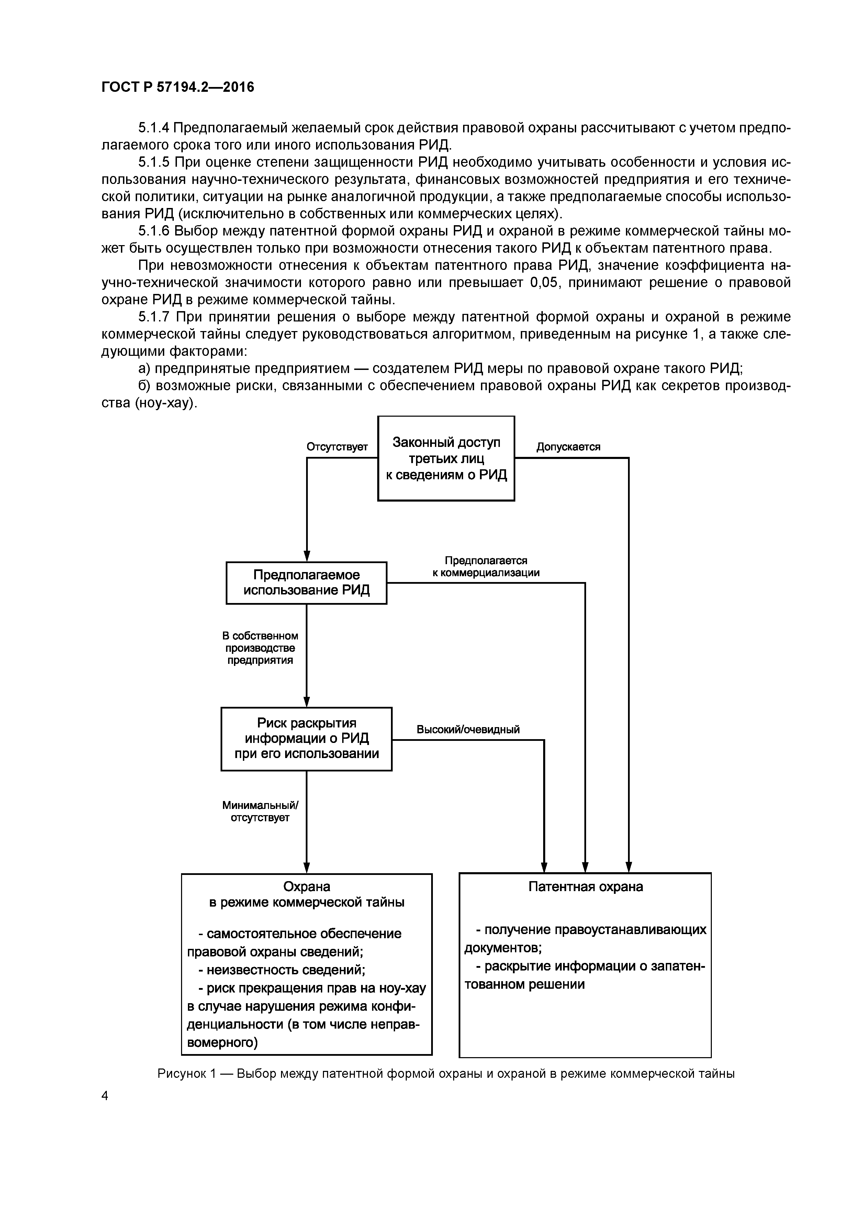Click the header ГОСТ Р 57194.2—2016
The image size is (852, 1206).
[177, 87]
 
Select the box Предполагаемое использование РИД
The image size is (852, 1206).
[306, 582]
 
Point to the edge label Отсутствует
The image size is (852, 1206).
[337, 447]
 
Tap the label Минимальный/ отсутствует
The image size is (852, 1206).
[260, 812]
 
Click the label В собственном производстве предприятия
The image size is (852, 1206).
[260, 648]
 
